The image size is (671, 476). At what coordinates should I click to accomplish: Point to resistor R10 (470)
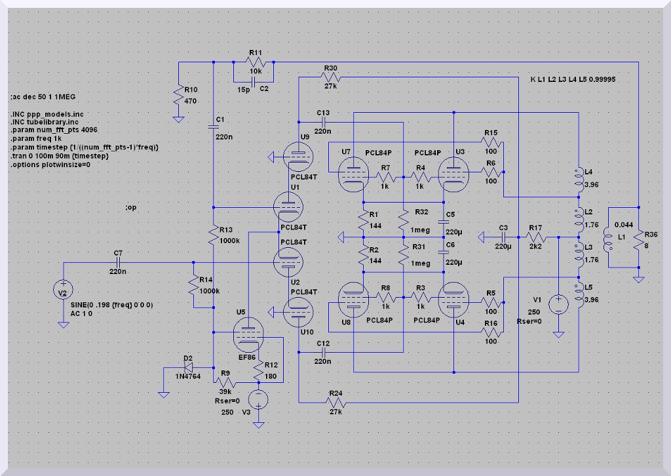tap(178, 97)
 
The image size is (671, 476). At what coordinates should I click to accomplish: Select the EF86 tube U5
tap(247, 336)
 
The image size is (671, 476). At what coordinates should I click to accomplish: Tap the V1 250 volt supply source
tap(558, 304)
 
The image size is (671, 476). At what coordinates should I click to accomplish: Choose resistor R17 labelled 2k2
tap(535, 235)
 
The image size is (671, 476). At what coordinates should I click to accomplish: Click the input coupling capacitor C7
tap(118, 262)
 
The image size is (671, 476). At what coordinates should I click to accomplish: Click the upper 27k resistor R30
tap(330, 77)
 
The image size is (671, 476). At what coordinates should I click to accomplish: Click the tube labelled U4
tap(453, 302)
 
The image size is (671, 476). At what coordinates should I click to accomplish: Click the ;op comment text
tap(131, 208)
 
